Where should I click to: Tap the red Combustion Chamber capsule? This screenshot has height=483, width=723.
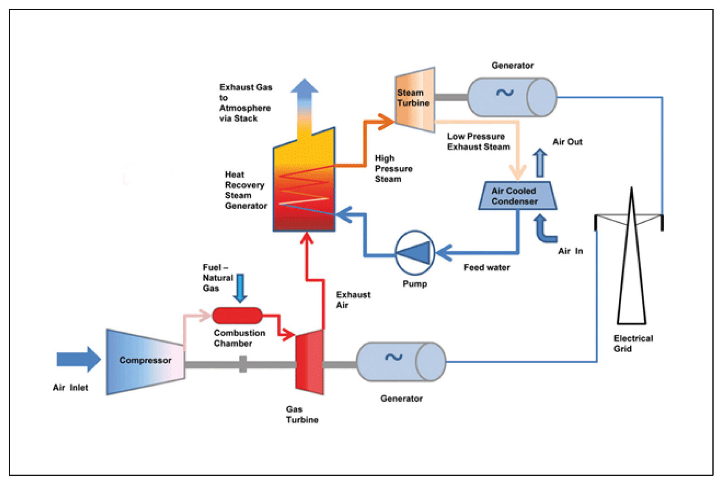237,316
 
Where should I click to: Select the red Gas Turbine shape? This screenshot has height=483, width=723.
310,362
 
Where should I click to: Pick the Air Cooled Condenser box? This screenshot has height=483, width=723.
517,196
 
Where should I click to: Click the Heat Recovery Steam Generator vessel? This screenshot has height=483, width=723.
304,188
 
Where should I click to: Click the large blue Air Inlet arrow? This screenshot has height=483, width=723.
78,359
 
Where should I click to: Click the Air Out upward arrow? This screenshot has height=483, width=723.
540,163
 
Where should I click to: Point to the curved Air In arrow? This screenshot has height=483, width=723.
544,229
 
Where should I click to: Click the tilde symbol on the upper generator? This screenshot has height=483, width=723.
504,93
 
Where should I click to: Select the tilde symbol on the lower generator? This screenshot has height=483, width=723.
393,357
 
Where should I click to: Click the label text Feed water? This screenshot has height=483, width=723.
486,267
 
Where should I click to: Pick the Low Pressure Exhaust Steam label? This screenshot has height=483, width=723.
478,142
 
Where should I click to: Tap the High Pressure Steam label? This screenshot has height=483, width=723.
393,169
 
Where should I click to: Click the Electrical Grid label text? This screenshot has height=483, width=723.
633,344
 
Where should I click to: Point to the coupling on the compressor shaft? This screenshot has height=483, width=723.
243,364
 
